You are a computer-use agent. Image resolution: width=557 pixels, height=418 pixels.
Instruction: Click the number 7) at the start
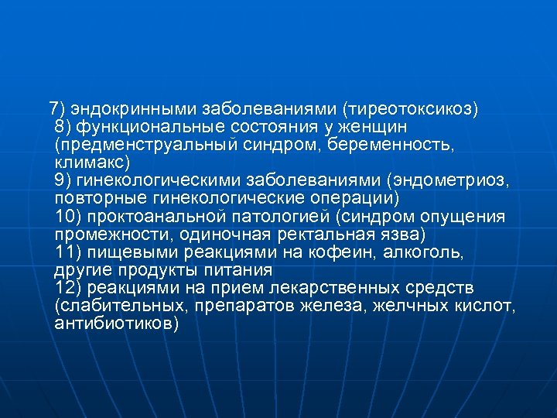pyautogui.click(x=56, y=108)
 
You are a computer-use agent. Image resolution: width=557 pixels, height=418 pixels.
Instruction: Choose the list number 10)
pyautogui.click(x=69, y=216)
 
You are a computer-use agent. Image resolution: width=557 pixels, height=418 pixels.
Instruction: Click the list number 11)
pyautogui.click(x=69, y=252)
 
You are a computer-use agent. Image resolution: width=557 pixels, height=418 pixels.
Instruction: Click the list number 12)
pyautogui.click(x=69, y=288)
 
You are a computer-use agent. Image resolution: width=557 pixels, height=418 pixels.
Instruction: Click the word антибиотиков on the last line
pyautogui.click(x=116, y=324)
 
